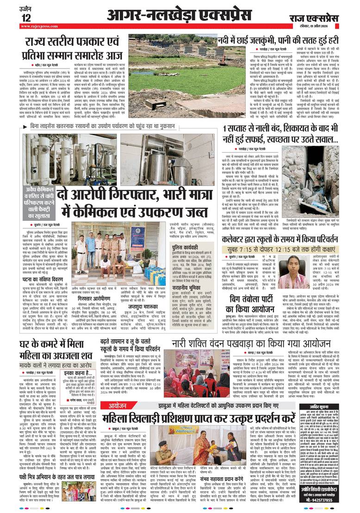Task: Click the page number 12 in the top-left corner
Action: click(x=26, y=18)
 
